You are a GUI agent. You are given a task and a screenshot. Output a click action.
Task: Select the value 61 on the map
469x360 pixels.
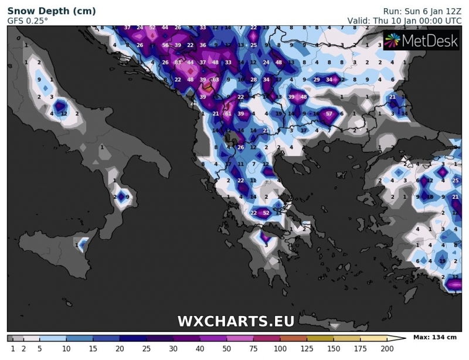point(228,114)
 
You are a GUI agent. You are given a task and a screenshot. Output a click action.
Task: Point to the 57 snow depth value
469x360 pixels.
point(329,114)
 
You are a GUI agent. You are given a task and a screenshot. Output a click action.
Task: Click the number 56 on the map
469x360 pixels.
point(165,46)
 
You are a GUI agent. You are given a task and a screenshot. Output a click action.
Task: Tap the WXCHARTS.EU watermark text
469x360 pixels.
point(236,321)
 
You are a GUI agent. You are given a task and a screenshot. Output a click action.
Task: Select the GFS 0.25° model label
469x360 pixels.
point(28,21)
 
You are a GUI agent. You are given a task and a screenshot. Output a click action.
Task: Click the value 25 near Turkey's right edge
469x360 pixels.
point(456,181)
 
